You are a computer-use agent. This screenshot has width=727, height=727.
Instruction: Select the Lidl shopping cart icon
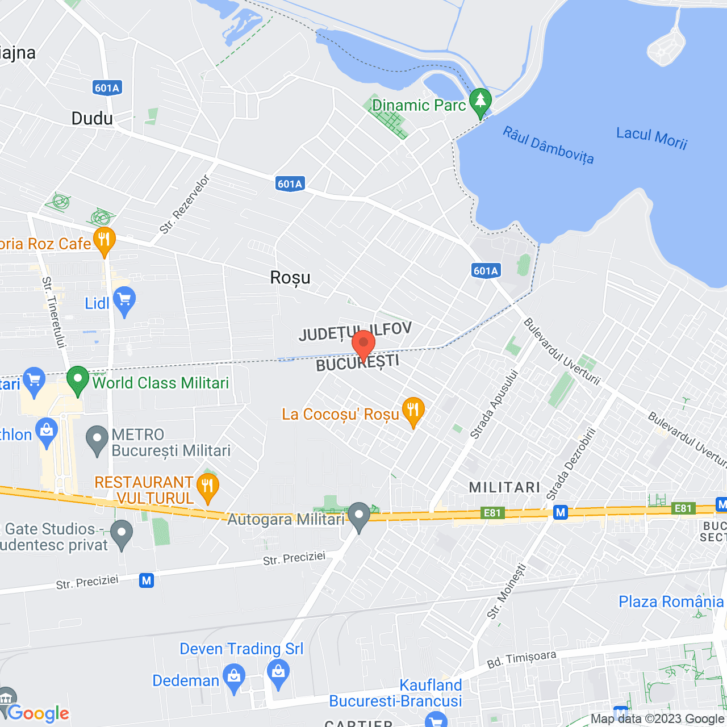tap(124, 300)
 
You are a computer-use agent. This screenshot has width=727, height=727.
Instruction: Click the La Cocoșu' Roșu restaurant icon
tap(413, 410)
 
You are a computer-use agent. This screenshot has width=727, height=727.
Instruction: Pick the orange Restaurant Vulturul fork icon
tap(207, 487)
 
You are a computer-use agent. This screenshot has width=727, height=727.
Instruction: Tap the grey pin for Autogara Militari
tap(359, 516)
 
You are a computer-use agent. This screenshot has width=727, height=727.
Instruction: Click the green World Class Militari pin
tap(78, 379)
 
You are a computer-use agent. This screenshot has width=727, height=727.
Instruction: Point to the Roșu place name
tap(290, 278)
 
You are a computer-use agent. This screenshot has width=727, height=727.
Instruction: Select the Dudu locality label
tap(92, 119)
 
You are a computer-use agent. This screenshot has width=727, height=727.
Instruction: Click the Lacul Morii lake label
tap(651, 137)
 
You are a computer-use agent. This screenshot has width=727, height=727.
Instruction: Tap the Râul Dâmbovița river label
tap(548, 145)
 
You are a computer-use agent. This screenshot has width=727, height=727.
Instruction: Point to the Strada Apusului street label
tap(494, 404)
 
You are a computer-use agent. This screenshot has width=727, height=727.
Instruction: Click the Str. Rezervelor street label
tap(185, 204)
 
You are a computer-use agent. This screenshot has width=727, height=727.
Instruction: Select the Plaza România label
tap(671, 601)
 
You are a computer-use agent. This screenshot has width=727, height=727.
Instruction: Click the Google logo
tap(39, 713)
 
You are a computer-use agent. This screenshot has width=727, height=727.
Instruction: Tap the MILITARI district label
tap(504, 487)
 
